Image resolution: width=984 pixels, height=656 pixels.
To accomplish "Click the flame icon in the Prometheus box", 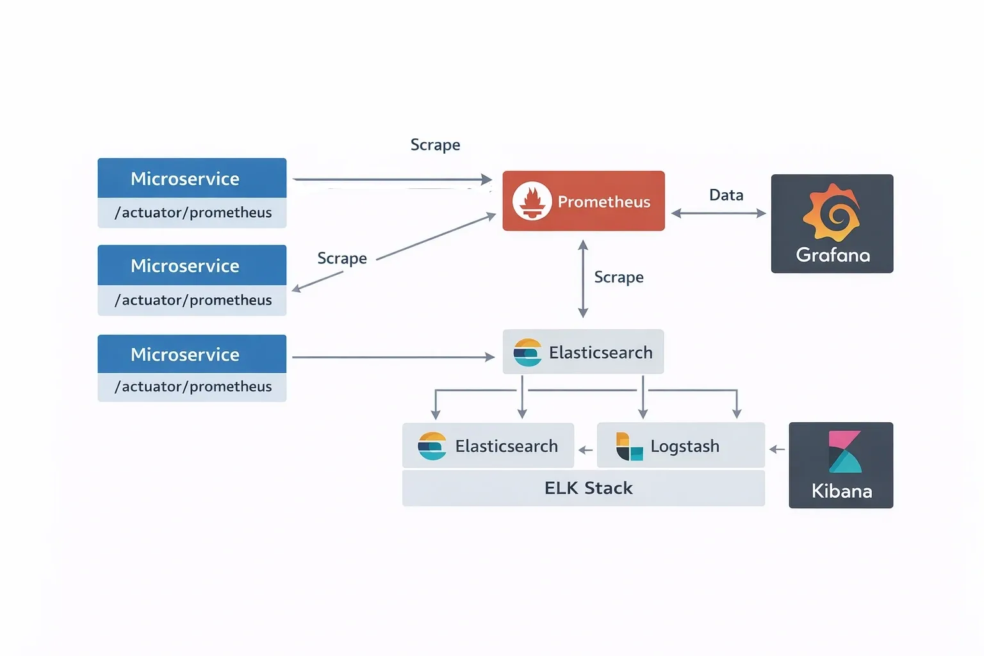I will coord(532,201).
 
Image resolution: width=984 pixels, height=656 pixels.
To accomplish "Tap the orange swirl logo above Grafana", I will coord(832,212).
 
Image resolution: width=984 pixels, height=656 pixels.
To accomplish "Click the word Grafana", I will coord(833,255).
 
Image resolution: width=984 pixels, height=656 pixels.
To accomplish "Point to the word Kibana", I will coord(842,491).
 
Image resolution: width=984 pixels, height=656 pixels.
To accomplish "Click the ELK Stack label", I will coord(588,488).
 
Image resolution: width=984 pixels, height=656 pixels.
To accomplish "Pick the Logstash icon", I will coord(629,447).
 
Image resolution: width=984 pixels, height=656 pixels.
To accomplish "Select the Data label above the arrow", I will coord(726,195).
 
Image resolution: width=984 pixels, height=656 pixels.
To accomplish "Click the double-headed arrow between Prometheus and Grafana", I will coord(718,213).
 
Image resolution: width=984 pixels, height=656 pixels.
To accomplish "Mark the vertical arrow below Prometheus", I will coord(583,279).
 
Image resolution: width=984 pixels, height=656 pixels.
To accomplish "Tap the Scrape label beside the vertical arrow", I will coord(618,277).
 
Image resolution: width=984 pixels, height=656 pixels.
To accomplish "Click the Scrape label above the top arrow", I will coord(435,145).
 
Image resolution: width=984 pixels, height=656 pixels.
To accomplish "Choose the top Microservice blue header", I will coord(192,178).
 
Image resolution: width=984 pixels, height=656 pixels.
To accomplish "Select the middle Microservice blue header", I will coord(192,265).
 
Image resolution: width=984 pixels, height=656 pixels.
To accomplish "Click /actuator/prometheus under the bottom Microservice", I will coord(193,387).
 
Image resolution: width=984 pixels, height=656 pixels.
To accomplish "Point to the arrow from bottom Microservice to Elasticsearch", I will coord(393,357).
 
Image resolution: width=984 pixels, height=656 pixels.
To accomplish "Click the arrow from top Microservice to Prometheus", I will coord(391,180).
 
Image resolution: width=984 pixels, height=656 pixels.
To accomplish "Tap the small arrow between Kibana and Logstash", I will coord(777,450).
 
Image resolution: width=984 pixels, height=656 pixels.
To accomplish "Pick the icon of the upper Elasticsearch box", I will coord(527,352).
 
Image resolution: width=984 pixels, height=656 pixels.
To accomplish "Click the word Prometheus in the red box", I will coord(603,202).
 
